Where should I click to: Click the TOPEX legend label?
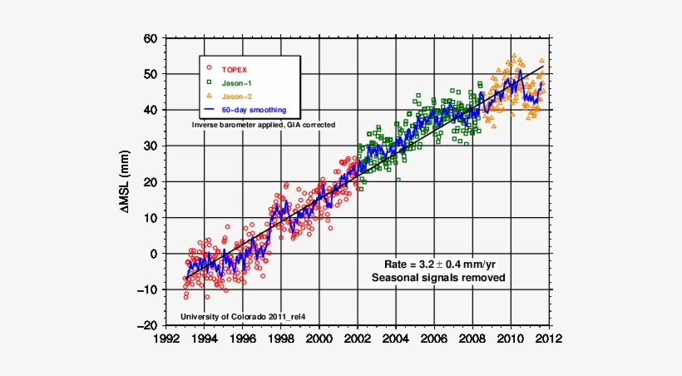point(235,69)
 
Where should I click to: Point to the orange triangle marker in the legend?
point(210,96)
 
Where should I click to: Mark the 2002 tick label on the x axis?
point(358,339)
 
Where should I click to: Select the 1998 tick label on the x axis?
point(281,339)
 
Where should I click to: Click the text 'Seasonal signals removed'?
point(437,277)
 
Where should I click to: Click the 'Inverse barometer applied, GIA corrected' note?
point(264,124)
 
